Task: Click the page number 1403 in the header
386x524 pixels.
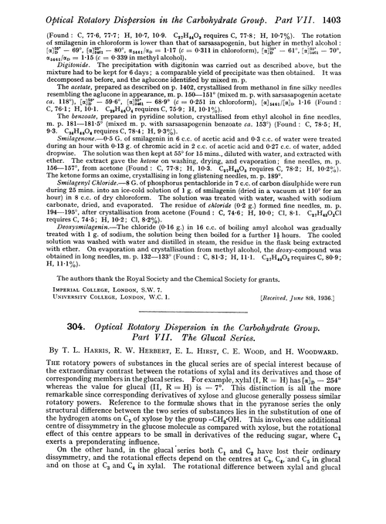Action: [364, 8]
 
